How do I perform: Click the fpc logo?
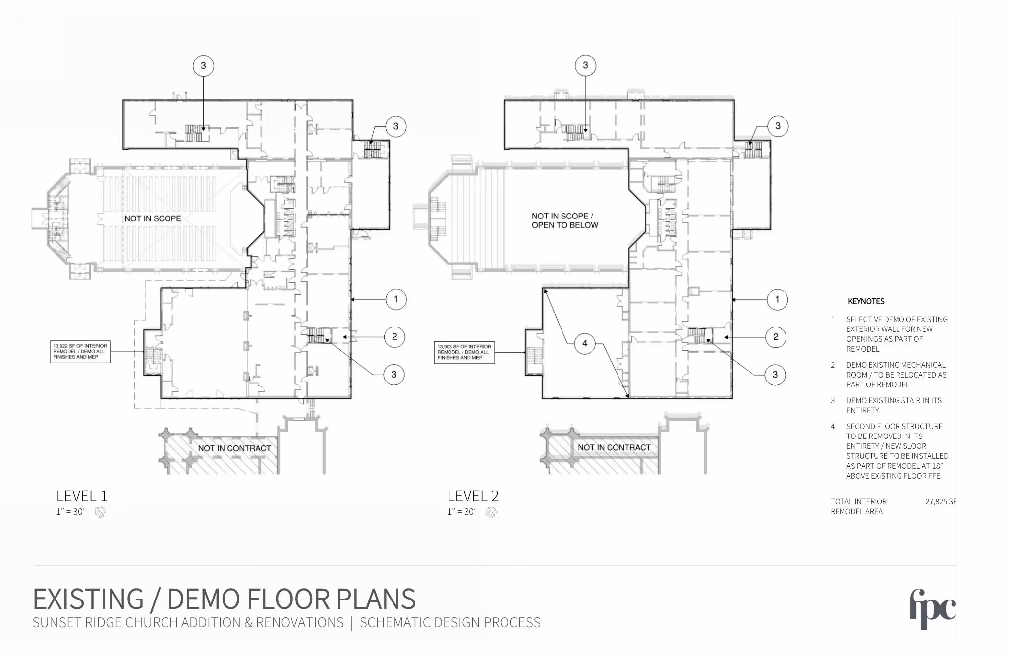(x=933, y=609)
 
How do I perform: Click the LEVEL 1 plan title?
(x=82, y=496)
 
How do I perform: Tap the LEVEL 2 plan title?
(x=473, y=496)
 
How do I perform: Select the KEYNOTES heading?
(x=866, y=301)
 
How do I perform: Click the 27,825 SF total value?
(x=941, y=501)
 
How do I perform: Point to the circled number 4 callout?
(x=585, y=343)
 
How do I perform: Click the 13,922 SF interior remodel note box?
(x=80, y=352)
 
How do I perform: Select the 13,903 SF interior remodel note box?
(x=464, y=352)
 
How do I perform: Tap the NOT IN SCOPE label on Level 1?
(x=153, y=218)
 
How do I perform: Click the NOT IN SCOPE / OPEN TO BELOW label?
(x=565, y=220)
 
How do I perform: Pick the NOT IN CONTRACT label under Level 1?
(x=234, y=448)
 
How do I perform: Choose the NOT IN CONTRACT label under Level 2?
(x=614, y=447)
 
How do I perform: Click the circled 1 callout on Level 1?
(x=396, y=299)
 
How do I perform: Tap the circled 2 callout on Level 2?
(x=776, y=337)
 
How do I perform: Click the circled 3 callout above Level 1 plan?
(x=203, y=66)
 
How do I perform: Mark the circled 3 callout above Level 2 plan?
(x=585, y=65)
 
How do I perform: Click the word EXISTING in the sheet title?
(x=88, y=599)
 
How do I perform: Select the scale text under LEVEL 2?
(x=461, y=512)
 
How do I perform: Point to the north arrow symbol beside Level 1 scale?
(x=100, y=512)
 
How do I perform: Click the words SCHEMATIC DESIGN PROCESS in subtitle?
(x=450, y=623)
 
